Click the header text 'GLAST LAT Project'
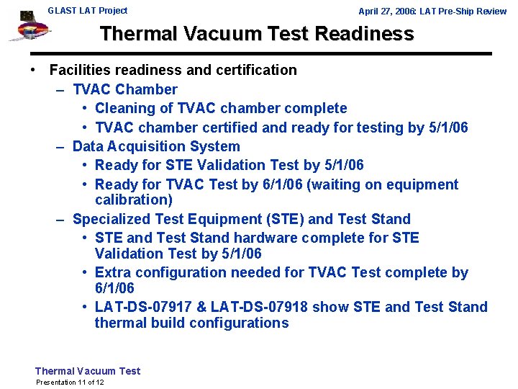click(87, 11)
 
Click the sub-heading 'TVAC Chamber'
click(125, 89)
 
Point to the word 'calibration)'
click(134, 200)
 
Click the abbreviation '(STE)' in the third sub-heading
click(284, 219)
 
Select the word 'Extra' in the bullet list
click(112, 272)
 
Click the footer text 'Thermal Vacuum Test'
click(88, 371)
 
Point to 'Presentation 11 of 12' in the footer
click(70, 382)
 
